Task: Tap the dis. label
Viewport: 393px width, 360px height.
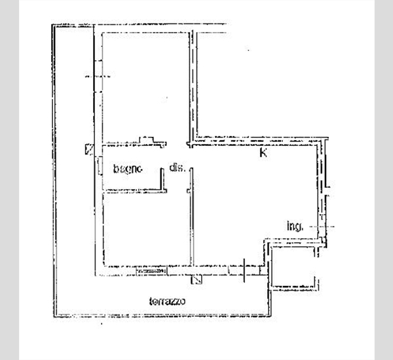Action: [177, 168]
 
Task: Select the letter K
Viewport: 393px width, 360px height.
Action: [262, 154]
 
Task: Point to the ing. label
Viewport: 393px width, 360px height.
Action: [293, 226]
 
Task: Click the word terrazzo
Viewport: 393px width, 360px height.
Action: [168, 301]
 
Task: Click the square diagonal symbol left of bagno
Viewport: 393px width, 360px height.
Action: [89, 149]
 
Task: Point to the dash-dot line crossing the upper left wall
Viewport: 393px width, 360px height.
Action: [98, 77]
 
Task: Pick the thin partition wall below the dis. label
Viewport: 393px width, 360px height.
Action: [191, 223]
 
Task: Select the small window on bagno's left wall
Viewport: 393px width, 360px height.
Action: [98, 166]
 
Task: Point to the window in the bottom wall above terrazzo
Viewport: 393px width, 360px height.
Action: [151, 268]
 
